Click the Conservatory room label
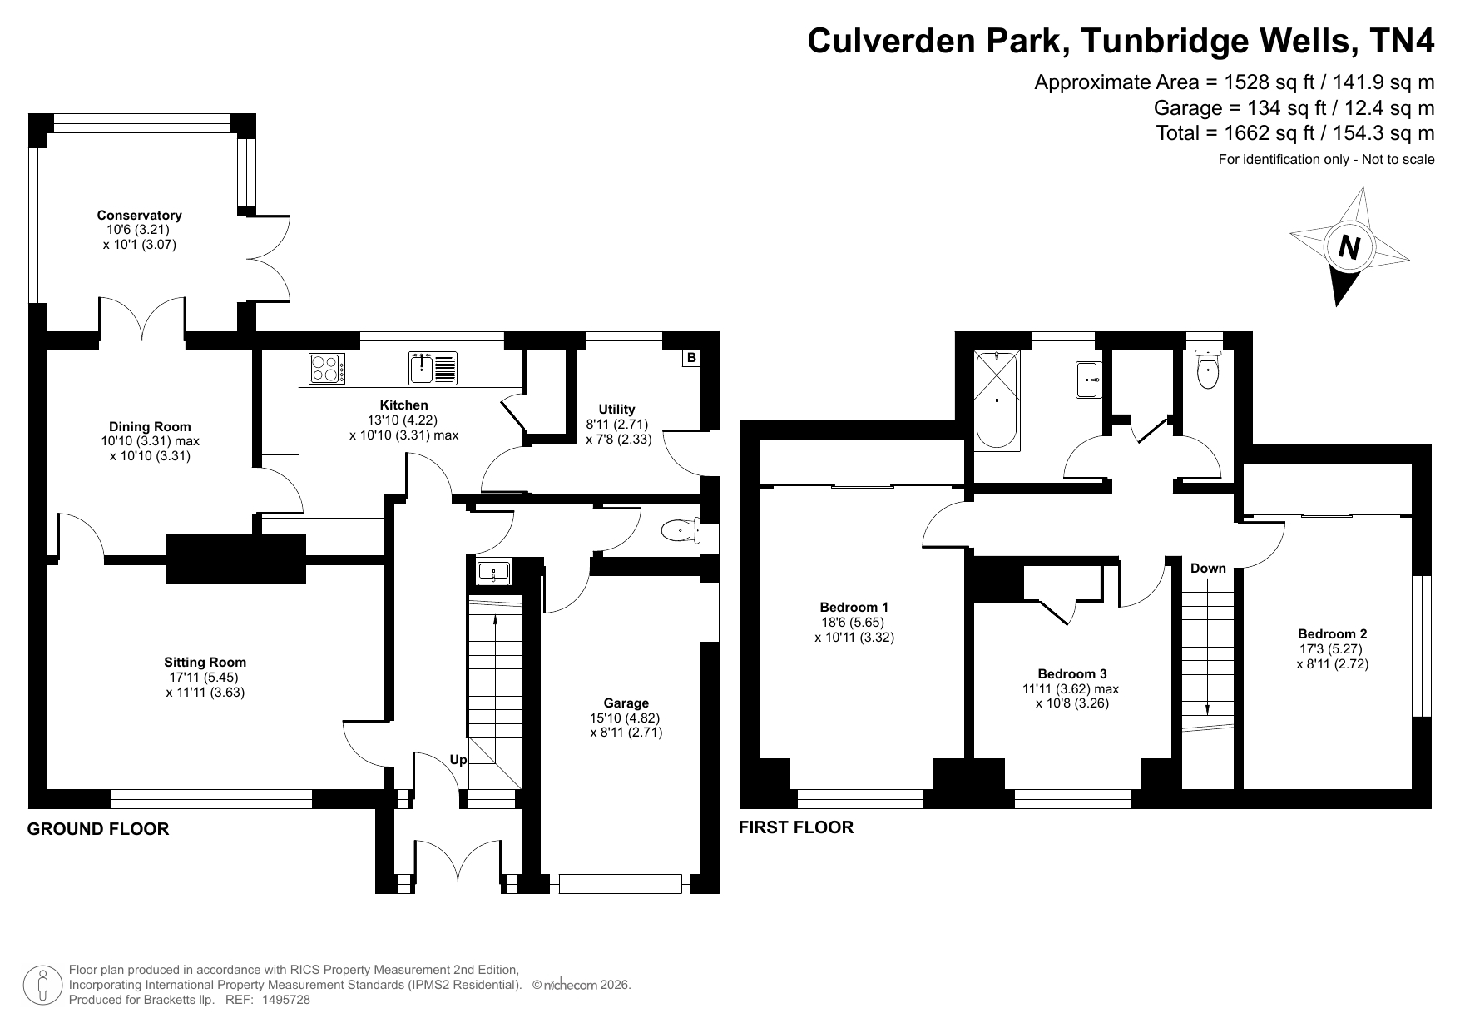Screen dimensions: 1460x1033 point(139,215)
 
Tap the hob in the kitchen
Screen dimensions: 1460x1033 point(328,369)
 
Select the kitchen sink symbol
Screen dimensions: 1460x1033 point(433,369)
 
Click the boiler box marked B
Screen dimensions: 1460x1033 point(690,358)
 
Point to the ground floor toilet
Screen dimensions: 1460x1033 point(681,529)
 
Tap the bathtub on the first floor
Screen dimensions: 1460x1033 point(997,400)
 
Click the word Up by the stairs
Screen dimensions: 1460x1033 point(458,760)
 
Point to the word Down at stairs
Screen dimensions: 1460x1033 point(1208,569)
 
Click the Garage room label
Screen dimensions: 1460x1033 point(626,703)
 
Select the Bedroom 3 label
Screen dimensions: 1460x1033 point(1072,673)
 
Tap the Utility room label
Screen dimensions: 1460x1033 point(617,409)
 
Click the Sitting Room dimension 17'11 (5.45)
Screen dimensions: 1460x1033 point(204,678)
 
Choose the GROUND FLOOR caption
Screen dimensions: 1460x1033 point(98,829)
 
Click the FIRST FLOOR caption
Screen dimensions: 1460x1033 point(796,827)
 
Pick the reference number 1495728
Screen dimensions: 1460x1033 point(286,1000)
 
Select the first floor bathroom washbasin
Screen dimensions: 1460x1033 point(1088,380)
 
